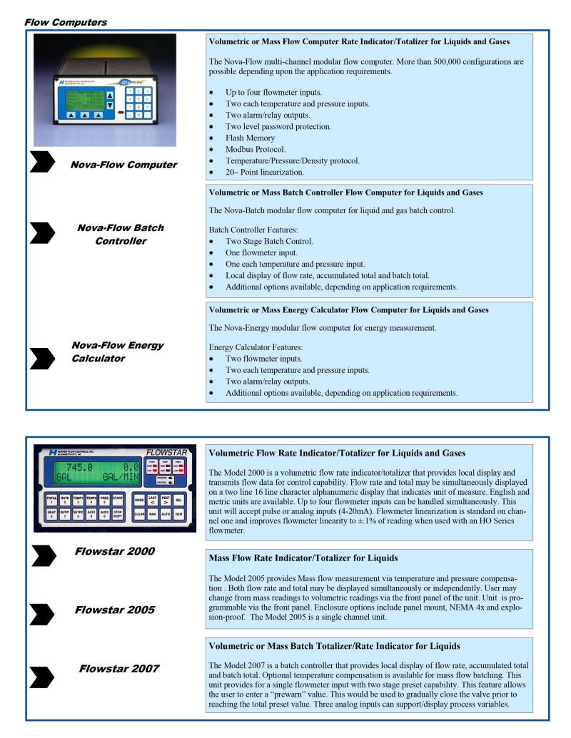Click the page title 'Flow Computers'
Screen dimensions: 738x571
pos(66,22)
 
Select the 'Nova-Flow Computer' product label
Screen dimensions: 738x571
pos(123,165)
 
